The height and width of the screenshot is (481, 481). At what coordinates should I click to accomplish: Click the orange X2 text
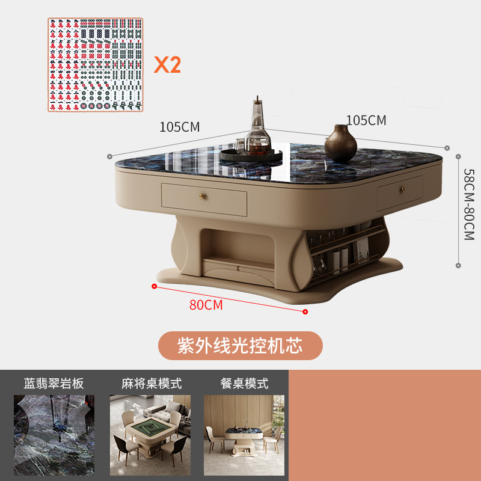167,64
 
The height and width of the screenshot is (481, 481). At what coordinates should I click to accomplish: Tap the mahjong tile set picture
96,64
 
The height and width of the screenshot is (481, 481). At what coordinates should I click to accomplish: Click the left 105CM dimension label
179,126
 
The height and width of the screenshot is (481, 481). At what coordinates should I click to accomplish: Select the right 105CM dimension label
366,120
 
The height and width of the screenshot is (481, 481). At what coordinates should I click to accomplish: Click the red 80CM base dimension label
206,305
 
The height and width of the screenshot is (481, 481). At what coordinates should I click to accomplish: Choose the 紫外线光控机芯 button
240,346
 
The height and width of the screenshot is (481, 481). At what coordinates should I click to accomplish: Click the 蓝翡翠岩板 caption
54,384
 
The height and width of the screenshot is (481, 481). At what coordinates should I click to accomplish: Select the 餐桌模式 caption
245,384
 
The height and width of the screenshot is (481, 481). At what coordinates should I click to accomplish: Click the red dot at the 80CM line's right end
305,311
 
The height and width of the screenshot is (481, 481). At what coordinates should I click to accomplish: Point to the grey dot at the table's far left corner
109,156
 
